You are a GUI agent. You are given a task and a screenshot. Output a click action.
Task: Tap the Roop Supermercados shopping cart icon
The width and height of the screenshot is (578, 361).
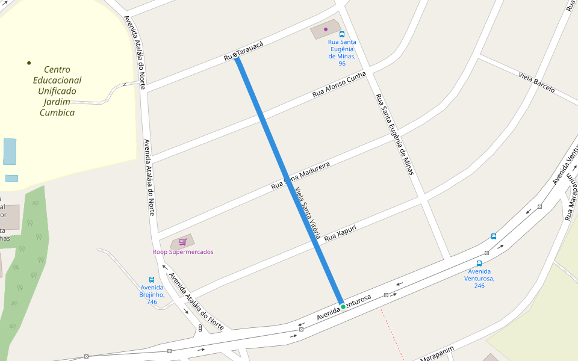[182, 242]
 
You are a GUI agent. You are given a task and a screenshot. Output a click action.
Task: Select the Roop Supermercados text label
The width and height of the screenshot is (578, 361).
[183, 252]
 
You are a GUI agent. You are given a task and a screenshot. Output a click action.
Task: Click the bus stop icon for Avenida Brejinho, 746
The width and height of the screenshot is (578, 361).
[152, 280]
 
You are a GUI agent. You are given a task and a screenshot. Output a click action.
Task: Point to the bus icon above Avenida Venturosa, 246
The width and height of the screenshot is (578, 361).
[479, 264]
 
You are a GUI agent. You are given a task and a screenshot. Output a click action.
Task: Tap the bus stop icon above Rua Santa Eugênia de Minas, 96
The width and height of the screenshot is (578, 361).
[342, 34]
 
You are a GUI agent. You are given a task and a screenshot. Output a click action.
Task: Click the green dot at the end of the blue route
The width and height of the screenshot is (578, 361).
[343, 307]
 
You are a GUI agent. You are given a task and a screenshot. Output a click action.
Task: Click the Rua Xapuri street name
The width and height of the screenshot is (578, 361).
[340, 234]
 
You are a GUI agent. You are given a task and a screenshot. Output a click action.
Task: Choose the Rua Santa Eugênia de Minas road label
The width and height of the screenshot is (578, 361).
[394, 134]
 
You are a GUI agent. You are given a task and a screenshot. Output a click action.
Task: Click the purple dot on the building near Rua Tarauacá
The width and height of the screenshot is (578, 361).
[326, 29]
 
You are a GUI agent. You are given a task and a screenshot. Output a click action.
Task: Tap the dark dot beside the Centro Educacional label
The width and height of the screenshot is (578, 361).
[29, 63]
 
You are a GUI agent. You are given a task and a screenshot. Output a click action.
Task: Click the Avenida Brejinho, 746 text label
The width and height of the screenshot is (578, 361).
[152, 294]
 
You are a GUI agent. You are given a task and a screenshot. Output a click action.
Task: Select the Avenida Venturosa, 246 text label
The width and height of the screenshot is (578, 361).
[479, 279]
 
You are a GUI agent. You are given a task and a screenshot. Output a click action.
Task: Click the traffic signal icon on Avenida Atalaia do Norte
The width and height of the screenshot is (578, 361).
[200, 328]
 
